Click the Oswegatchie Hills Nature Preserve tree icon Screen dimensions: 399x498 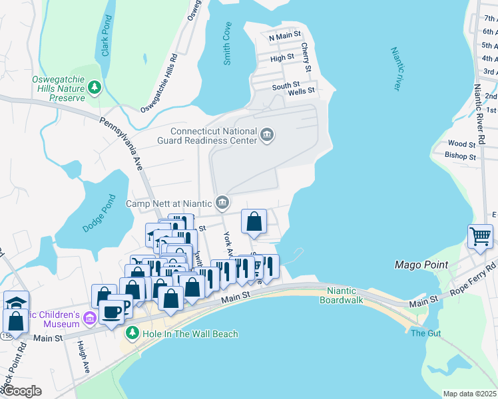click(95, 86)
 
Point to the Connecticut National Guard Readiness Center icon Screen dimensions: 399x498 click(267, 136)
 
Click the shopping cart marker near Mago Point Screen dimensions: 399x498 click(480, 236)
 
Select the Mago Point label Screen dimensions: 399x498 click(421, 264)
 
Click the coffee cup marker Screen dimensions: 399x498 click(111, 311)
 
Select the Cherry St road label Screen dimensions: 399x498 click(306, 58)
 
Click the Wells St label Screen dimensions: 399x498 click(301, 92)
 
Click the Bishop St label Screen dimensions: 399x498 click(462, 157)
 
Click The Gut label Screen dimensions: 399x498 click(423, 333)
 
